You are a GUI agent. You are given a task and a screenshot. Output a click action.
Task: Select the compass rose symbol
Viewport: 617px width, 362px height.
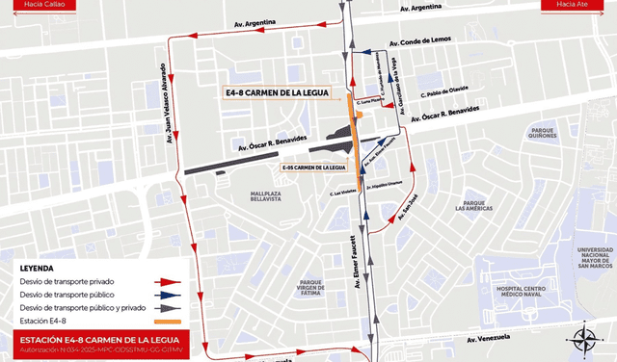click(585, 340)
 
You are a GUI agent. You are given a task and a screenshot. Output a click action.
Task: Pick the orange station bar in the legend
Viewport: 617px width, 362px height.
click(167, 320)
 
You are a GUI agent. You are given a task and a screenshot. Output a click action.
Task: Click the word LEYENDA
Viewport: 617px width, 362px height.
click(37, 268)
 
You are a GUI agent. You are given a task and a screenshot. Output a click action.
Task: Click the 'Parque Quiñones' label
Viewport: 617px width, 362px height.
click(543, 133)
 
